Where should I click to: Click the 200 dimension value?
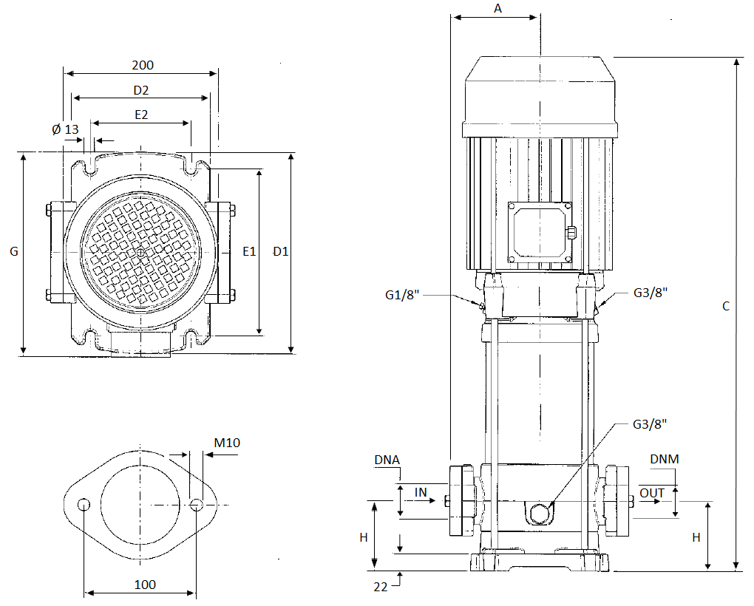143,65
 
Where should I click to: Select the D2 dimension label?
141,90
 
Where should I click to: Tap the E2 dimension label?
141,115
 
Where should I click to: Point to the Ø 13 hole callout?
65,129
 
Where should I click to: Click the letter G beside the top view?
13,252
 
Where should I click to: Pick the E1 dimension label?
249,252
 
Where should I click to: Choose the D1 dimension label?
281,252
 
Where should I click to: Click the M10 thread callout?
227,443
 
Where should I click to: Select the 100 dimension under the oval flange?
145,585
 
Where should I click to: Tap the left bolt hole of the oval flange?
84,505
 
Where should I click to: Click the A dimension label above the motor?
497,9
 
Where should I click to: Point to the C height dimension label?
726,306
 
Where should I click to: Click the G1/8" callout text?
403,295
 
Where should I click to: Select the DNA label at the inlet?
387,460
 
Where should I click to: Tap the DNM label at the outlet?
664,459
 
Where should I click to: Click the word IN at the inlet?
421,492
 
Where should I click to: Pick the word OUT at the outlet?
652,493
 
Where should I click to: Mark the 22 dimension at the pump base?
380,587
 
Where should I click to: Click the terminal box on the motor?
540,232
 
